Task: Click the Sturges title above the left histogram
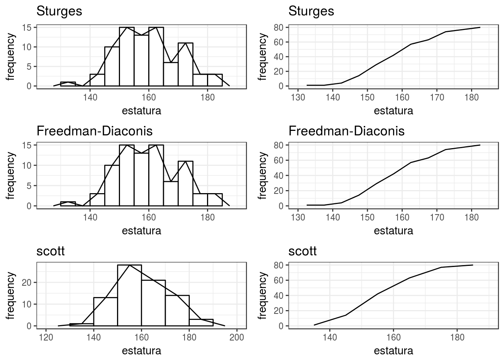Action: (x=59, y=11)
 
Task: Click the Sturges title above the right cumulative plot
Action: (x=311, y=11)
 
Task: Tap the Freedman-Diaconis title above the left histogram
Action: (x=94, y=131)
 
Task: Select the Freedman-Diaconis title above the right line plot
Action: (x=346, y=131)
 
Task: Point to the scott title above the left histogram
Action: (x=50, y=251)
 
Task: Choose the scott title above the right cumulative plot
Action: (x=302, y=251)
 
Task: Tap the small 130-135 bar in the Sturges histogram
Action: (x=68, y=84)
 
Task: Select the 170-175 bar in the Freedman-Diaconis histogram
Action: (x=186, y=184)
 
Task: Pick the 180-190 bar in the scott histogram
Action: (x=201, y=322)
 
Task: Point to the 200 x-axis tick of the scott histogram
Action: (x=237, y=337)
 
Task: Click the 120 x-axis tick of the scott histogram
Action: (x=46, y=337)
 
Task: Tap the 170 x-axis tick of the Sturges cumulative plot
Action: (x=437, y=97)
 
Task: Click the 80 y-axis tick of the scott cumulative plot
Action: (x=279, y=265)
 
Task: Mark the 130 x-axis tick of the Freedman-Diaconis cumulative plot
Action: (x=298, y=217)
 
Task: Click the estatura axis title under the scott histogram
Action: (x=141, y=351)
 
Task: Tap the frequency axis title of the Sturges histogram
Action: (x=11, y=57)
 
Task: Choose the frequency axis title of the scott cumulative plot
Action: (x=263, y=296)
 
